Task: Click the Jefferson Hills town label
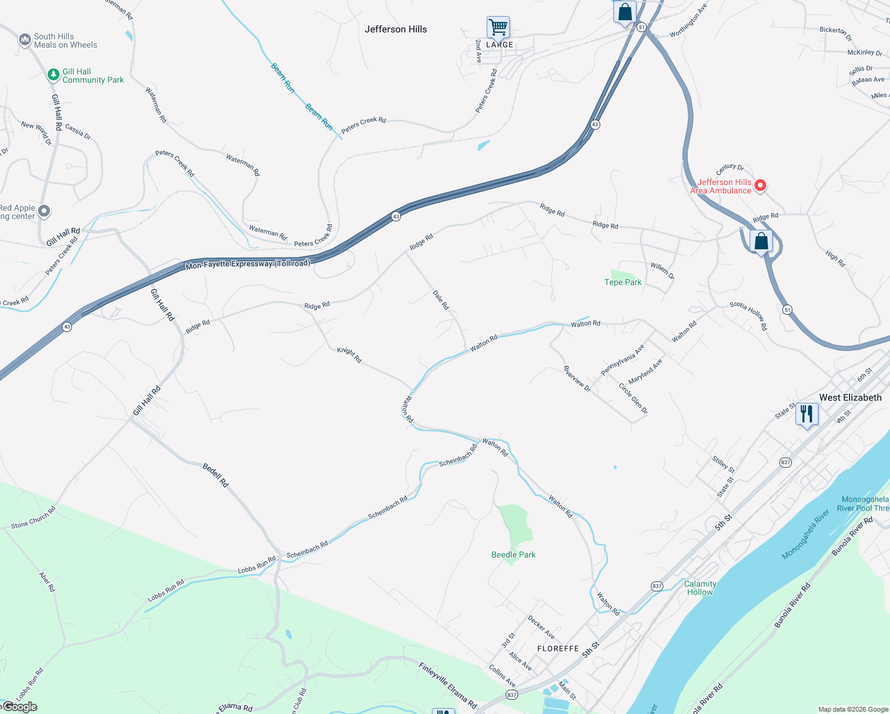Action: click(396, 29)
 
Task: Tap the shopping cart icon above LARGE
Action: click(498, 27)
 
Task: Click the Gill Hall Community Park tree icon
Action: click(54, 75)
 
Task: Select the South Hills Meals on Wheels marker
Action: click(24, 40)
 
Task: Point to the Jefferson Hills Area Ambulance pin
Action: click(760, 186)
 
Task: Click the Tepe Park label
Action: click(623, 282)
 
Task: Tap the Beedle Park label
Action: click(513, 555)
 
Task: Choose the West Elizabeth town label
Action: click(850, 397)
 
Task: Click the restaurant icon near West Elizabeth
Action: click(807, 414)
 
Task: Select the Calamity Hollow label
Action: click(700, 588)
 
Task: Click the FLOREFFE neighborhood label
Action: click(558, 649)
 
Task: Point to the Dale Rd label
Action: click(441, 300)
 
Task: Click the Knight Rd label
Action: click(349, 355)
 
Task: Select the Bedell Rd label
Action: click(215, 475)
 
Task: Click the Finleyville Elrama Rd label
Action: click(447, 685)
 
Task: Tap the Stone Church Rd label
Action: click(33, 517)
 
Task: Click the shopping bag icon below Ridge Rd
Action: click(761, 242)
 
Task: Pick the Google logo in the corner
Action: click(20, 707)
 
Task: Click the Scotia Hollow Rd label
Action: click(748, 315)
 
